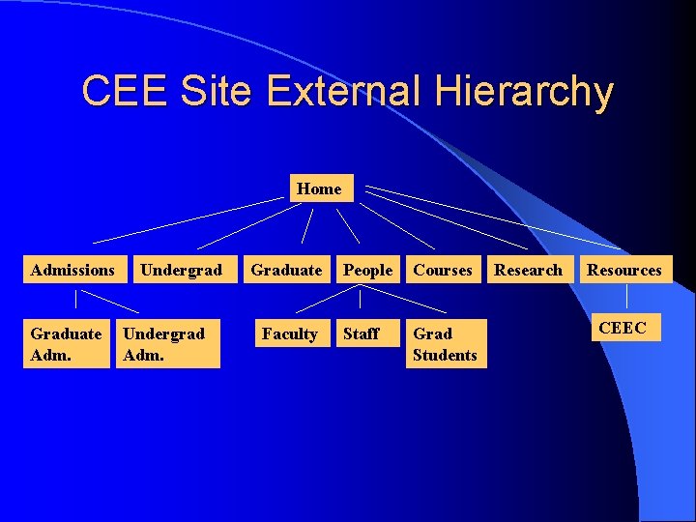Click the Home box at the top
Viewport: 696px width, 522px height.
pos(319,188)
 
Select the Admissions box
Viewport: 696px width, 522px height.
pos(72,270)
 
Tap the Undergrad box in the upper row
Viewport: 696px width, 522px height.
pos(181,270)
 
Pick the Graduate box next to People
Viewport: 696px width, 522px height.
pos(286,270)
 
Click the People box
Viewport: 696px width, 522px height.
pos(368,270)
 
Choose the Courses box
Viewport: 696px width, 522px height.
pos(443,270)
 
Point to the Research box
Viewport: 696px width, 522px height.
pos(528,270)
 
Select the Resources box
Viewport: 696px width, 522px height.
pos(624,270)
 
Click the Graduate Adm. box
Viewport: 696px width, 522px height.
pos(66,344)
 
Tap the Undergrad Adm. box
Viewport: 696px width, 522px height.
pos(164,344)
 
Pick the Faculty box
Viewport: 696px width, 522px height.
pos(289,333)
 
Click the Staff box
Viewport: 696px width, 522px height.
pos(361,333)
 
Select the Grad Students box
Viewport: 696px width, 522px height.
pos(445,344)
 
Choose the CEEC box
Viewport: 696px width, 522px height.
pos(623,328)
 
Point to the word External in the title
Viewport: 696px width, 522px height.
pos(343,92)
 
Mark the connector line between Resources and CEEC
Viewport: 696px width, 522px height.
pos(626,297)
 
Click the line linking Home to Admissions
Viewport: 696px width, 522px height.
pos(188,219)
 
